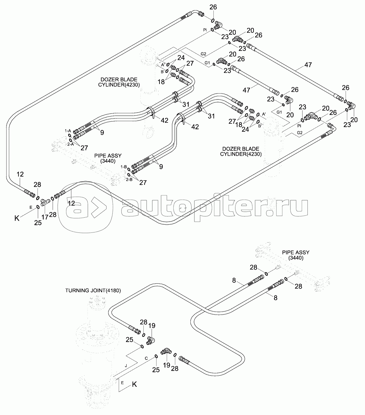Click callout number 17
pos(45,217)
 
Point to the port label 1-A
pos(68,131)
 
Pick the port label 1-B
pos(124,167)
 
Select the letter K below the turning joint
pos(134,384)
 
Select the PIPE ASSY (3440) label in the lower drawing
pos(296,255)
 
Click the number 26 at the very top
pos(213,7)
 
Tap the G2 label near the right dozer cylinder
pos(300,133)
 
